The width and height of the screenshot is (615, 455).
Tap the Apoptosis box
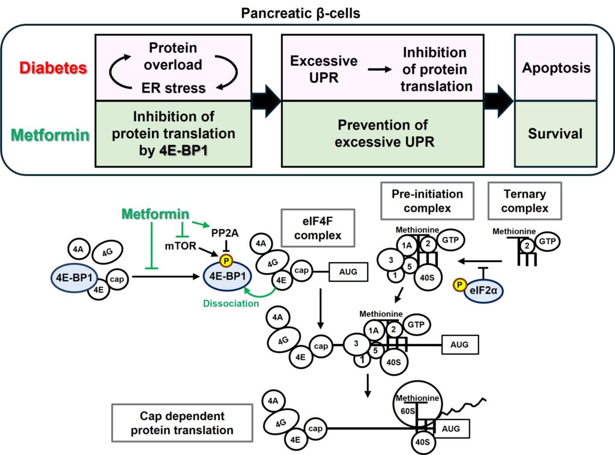(x=555, y=67)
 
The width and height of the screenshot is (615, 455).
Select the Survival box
(x=555, y=133)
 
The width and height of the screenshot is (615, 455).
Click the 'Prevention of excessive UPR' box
(x=383, y=133)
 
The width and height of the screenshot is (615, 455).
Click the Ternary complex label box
(x=524, y=201)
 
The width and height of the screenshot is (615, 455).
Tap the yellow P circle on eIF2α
(x=459, y=285)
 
